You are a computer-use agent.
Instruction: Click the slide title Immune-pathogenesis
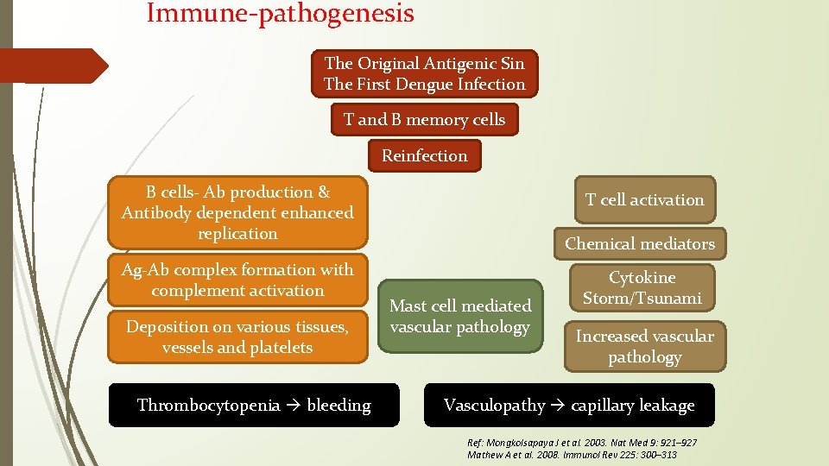[280, 14]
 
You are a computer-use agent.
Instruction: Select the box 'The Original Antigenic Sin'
[424, 73]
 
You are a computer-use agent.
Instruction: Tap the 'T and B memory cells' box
[424, 119]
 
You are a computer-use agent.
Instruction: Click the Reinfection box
[424, 155]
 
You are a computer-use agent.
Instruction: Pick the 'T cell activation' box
[644, 199]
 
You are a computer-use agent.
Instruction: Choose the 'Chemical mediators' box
[640, 243]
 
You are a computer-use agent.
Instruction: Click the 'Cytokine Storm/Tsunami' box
[642, 288]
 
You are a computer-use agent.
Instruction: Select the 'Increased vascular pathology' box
[644, 346]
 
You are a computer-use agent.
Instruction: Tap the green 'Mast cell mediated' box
[460, 316]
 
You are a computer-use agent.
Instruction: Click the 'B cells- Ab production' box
[237, 212]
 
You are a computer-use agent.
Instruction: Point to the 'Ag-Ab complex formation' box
[237, 280]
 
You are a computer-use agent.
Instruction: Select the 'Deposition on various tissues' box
[237, 337]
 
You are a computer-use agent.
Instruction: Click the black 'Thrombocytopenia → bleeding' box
[254, 406]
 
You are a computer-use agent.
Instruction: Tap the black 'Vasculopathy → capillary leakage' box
[569, 406]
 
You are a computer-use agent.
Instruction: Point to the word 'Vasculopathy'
[494, 406]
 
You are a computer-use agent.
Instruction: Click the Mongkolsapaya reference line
[581, 443]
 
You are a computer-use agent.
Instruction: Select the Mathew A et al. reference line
[572, 455]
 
